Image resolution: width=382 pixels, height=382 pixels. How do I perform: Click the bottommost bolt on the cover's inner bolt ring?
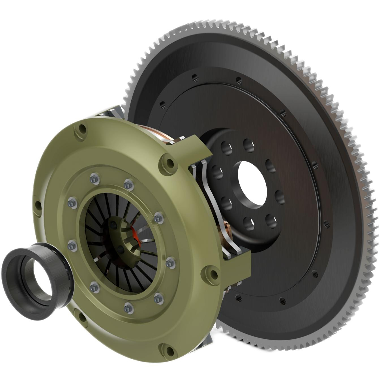[128, 308]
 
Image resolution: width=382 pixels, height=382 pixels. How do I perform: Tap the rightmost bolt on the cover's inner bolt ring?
[171, 263]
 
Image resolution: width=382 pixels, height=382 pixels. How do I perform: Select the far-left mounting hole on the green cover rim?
[36, 205]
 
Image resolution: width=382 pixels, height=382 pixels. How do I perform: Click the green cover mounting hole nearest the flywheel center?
[169, 163]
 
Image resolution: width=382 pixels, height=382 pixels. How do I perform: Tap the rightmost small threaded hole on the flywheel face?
[327, 224]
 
